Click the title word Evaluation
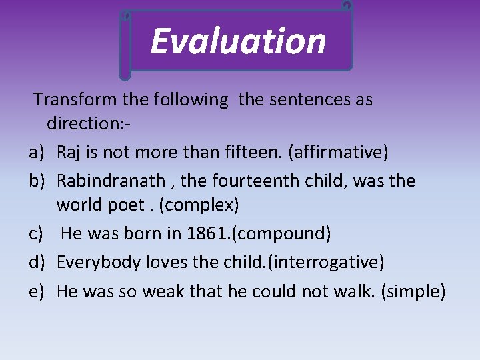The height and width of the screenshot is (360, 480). point(238,41)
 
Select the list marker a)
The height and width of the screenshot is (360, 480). point(37,152)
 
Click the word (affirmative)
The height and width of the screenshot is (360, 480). point(337,152)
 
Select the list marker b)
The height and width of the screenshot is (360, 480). point(37,181)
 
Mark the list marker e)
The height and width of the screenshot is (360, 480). point(37,291)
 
